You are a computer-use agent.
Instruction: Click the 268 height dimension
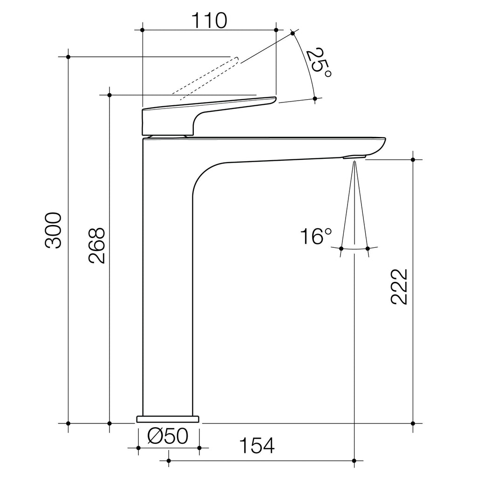(96, 246)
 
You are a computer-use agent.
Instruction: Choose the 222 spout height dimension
(399, 286)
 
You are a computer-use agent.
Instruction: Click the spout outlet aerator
(354, 157)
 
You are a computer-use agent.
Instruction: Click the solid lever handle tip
(271, 100)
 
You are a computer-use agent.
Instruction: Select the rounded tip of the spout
(381, 144)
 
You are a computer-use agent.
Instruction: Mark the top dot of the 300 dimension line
(68, 57)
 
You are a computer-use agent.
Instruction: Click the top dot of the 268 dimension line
(109, 95)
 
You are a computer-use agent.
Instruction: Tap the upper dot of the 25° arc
(293, 33)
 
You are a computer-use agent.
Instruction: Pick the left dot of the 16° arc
(341, 248)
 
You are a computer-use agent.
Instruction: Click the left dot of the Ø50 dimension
(138, 448)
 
